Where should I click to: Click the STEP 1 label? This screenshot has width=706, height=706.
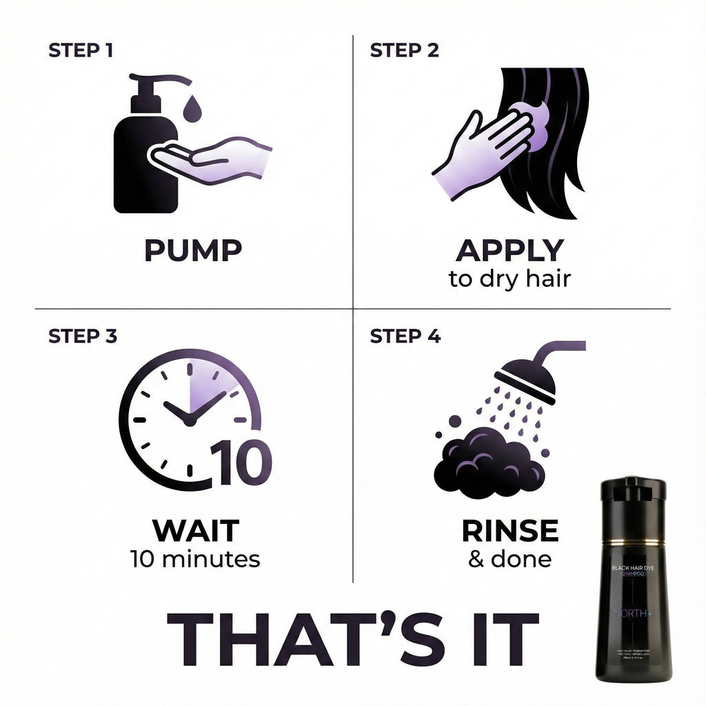pos(81,50)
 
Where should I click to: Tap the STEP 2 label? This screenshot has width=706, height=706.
pos(404,50)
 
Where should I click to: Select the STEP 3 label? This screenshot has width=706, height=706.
pos(83,336)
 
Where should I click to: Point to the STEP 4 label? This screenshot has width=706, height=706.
pos(405,336)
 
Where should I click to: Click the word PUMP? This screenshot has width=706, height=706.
pos(193,250)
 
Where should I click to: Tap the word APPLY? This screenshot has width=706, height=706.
pos(510,250)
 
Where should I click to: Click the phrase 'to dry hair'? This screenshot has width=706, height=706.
pos(510,280)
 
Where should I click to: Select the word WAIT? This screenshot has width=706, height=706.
pos(195,531)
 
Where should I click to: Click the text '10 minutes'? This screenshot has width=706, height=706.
pos(195,558)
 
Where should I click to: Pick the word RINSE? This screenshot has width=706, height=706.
pos(510,531)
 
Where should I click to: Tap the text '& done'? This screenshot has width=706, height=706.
pos(510,558)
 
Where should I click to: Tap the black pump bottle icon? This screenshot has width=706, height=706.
pos(141,165)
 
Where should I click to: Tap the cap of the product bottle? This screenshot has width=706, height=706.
pos(632,488)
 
